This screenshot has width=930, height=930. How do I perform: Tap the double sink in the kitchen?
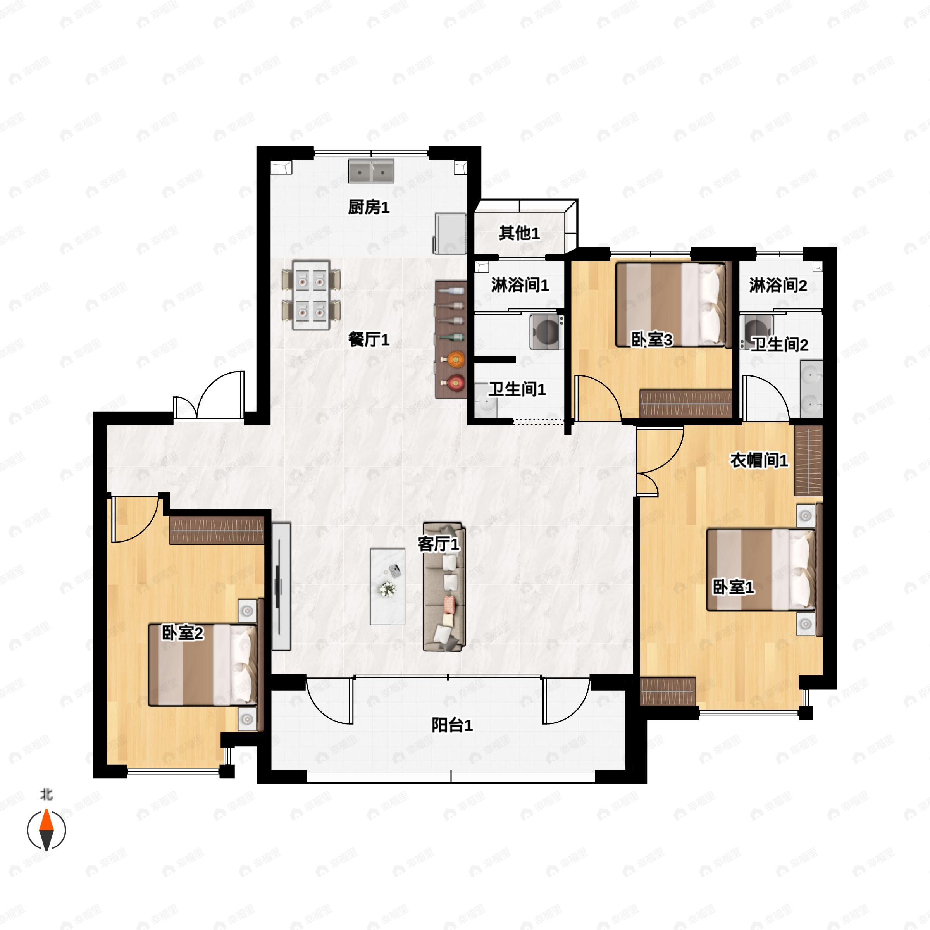[x=371, y=172]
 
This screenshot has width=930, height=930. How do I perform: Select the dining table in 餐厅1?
[x=312, y=295]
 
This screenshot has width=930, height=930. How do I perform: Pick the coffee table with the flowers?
[x=387, y=587]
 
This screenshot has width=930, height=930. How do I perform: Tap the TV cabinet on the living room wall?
[x=281, y=586]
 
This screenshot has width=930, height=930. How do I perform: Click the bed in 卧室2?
[x=203, y=665]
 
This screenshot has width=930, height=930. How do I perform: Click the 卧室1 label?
[x=733, y=587]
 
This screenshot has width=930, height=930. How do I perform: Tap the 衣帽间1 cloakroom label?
[x=759, y=461]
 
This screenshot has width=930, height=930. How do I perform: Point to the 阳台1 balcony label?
[x=451, y=725]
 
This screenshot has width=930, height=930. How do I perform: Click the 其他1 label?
[x=519, y=233]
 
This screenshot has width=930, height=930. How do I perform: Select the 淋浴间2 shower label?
[x=778, y=286]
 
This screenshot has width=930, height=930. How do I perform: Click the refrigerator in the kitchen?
[x=451, y=233]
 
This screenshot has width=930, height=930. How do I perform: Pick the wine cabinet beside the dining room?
[x=451, y=340]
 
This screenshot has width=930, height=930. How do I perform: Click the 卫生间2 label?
[x=780, y=344]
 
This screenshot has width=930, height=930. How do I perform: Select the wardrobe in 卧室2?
[x=217, y=530]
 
